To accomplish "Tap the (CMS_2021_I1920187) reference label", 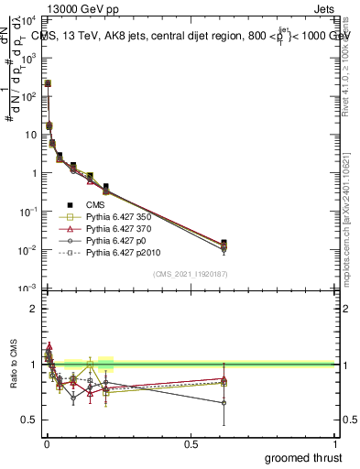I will pyautogui.click(x=190, y=273).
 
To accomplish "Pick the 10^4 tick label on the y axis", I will pyautogui.click(x=27, y=19).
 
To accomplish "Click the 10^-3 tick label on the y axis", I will pyautogui.click(x=27, y=289).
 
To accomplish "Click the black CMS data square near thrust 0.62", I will pyautogui.click(x=224, y=243).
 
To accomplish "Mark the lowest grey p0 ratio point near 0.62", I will pyautogui.click(x=224, y=402).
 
